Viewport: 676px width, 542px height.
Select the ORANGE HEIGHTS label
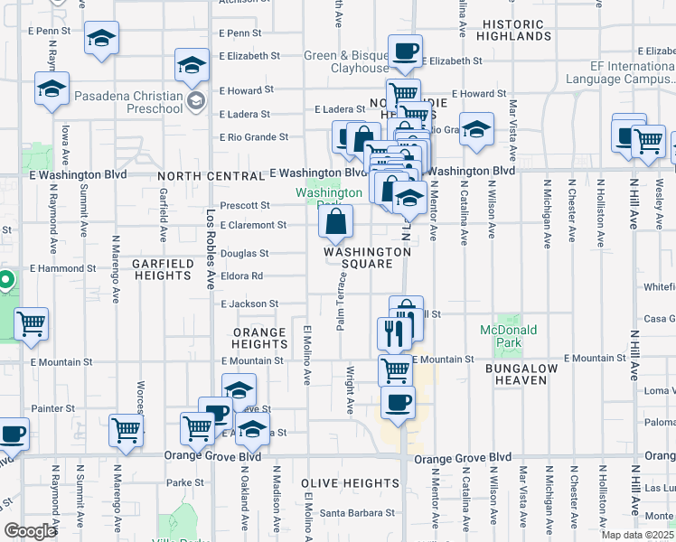[259, 338]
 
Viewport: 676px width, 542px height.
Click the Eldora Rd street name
[244, 276]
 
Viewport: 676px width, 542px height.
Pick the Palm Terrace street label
[342, 304]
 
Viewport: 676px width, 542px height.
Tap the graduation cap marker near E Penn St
[101, 40]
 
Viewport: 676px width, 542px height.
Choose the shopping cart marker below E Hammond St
[31, 323]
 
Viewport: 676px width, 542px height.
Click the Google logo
[30, 531]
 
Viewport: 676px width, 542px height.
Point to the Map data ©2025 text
[637, 535]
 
